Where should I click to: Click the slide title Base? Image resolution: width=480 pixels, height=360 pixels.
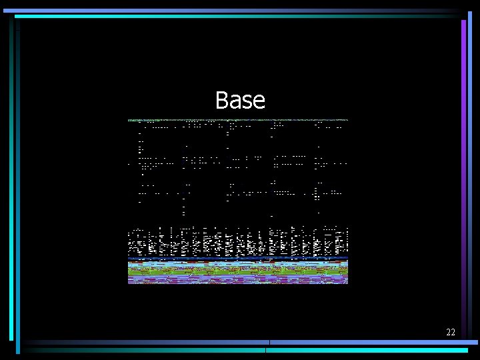coord(240,101)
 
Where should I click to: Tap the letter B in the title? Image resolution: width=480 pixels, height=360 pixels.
coord(222,101)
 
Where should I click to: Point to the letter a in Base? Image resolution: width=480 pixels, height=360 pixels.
coord(235,102)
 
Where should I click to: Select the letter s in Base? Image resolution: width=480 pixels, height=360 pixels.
coord(247,102)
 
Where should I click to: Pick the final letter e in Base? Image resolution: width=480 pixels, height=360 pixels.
coord(259,102)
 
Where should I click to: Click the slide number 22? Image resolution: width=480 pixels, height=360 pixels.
coord(451,332)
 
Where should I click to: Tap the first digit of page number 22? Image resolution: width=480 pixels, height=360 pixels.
coord(448,332)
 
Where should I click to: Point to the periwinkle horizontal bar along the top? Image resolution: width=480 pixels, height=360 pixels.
coord(233,11)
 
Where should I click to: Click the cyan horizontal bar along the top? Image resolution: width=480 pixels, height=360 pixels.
coord(233,16)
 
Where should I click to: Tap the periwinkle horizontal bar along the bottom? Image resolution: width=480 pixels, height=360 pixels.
coord(373,343)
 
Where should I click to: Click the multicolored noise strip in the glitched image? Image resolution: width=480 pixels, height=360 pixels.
coord(238,271)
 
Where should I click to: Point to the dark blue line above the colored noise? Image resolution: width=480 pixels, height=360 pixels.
coord(238,258)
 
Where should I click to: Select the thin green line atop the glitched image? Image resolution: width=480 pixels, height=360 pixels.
coord(238,120)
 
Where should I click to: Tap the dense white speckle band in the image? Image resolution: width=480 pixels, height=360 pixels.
coord(238,241)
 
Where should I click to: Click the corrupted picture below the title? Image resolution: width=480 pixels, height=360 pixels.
coord(238,200)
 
